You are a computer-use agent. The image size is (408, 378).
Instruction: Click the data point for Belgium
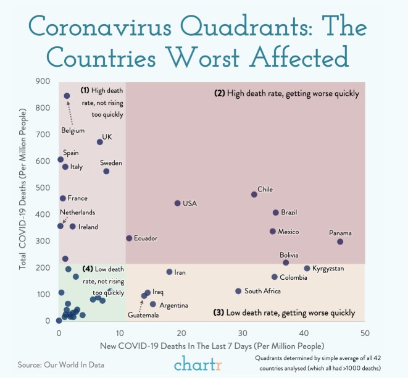[x=67, y=96]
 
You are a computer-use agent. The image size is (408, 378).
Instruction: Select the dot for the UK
[x=100, y=142]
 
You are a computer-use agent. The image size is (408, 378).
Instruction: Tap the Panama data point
[x=340, y=241]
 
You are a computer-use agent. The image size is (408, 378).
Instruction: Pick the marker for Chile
[x=254, y=195]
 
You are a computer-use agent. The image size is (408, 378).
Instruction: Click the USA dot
[x=177, y=203]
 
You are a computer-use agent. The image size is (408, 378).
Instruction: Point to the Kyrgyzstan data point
[x=307, y=268]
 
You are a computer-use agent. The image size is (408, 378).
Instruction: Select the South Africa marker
[x=238, y=291]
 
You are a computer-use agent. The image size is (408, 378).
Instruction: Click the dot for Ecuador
[x=129, y=238]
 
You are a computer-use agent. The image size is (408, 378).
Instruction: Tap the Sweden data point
[x=106, y=171]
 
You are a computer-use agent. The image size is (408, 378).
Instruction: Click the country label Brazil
[x=289, y=212]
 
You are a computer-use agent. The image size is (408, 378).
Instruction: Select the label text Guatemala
[x=143, y=316]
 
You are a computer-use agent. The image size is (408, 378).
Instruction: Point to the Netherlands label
[x=78, y=212]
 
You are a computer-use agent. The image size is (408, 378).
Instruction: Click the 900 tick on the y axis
[x=43, y=81]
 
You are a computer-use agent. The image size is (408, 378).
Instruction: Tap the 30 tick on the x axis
[x=242, y=333]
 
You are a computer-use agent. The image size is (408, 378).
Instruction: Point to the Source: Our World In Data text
[x=61, y=364]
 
